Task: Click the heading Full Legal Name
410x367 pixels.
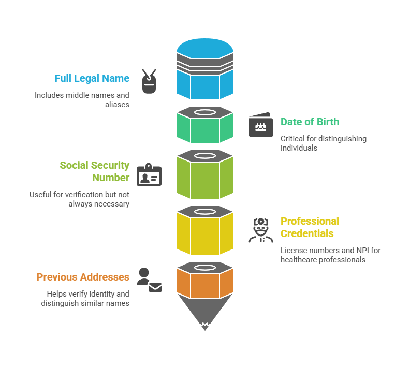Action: [92, 79]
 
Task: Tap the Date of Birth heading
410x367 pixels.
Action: [310, 122]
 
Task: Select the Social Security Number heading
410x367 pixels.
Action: [94, 171]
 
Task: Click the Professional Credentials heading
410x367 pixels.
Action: [310, 227]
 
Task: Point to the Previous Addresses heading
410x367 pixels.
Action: [83, 277]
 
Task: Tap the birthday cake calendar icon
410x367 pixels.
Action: [260, 125]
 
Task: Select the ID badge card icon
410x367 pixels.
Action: [149, 175]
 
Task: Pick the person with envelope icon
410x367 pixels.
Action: [149, 280]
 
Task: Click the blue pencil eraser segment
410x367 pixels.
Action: [204, 70]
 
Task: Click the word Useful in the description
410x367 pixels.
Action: [41, 195]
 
